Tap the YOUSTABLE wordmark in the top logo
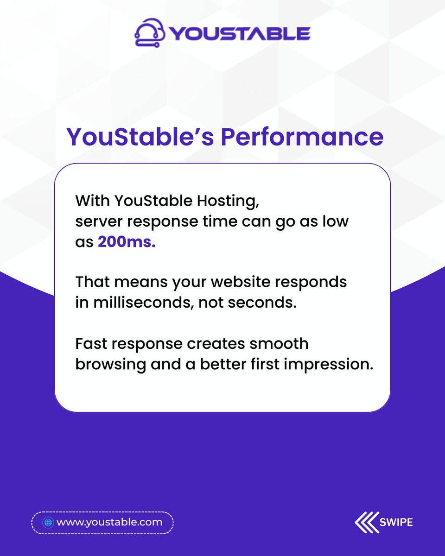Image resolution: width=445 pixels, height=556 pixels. tap(239, 34)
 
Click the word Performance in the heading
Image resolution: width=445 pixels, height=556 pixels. tap(301, 137)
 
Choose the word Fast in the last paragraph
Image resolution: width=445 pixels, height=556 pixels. tap(90, 344)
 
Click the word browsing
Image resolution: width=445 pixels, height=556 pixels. tap(110, 365)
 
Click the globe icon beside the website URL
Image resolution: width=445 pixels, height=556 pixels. tap(47, 523)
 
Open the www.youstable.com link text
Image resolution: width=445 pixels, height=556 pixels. tap(109, 523)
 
